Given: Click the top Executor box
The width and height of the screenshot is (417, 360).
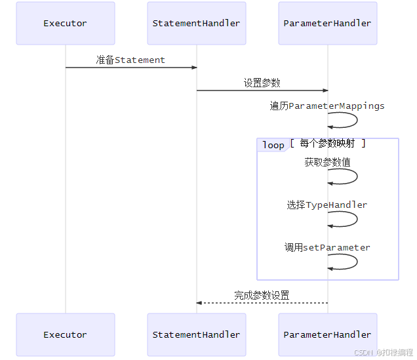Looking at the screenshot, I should tap(65, 23).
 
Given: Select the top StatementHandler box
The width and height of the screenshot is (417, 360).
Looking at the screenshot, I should tap(196, 23).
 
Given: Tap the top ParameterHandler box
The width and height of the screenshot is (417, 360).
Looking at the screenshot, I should tap(327, 23).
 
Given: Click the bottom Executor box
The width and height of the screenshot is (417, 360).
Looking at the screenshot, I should tap(65, 334).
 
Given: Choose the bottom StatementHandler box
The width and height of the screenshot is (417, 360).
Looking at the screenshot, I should tap(196, 334).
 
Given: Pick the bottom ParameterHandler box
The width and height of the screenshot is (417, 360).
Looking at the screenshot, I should tap(327, 334).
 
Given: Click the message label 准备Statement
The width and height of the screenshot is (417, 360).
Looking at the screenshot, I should tap(130, 60).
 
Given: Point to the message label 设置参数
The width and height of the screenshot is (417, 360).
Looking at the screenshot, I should tap(262, 83).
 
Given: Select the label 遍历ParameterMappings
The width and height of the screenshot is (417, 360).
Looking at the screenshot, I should tap(327, 106).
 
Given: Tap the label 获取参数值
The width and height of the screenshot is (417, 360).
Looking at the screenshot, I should tap(327, 162).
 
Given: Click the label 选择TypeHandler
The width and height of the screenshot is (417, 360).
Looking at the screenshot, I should tap(327, 205).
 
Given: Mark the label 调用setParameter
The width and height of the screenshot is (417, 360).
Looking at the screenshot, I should tap(327, 247).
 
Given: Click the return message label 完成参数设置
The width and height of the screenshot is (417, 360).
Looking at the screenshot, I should tap(262, 295).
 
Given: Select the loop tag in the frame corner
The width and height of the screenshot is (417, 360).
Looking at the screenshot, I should tap(273, 145).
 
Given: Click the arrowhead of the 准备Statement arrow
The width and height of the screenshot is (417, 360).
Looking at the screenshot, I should tap(194, 68).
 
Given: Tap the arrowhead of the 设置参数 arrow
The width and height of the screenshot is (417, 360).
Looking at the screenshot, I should tap(325, 90).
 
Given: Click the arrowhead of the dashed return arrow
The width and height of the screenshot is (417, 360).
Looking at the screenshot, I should tap(199, 303).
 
